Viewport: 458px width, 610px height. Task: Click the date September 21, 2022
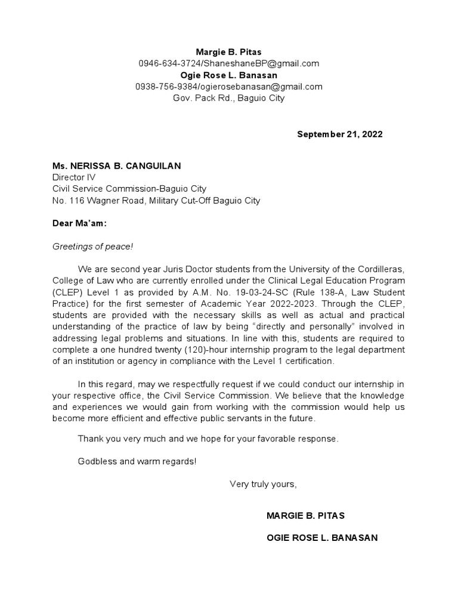point(340,134)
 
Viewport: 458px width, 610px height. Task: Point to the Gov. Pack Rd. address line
point(229,98)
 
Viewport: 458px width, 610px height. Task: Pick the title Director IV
point(73,177)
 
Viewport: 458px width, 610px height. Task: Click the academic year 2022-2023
point(268,303)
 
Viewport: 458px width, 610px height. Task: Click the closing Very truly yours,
point(263,484)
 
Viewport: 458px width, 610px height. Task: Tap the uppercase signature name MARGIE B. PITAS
point(305,515)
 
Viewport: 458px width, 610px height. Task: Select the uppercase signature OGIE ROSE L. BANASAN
point(321,538)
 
